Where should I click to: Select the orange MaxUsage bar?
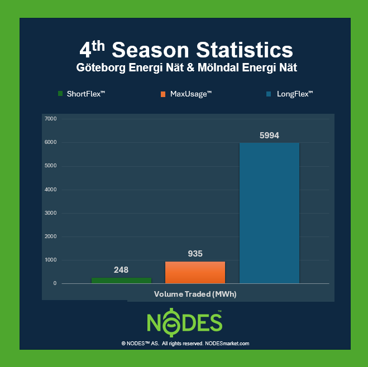pyautogui.click(x=195, y=273)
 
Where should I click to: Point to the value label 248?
pyautogui.click(x=121, y=270)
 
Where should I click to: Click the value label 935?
pyautogui.click(x=195, y=254)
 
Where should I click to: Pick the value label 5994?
pyautogui.click(x=269, y=135)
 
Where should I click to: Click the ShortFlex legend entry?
pyautogui.click(x=81, y=94)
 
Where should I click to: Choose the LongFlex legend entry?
pyautogui.click(x=289, y=94)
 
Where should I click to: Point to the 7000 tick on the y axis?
pyautogui.click(x=51, y=119)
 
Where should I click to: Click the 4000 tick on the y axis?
pyautogui.click(x=51, y=190)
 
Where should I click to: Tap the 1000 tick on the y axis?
pyautogui.click(x=51, y=260)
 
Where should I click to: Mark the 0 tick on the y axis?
pyautogui.click(x=55, y=283)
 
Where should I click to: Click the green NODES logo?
pyautogui.click(x=185, y=322)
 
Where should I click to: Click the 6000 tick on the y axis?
pyautogui.click(x=51, y=142)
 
